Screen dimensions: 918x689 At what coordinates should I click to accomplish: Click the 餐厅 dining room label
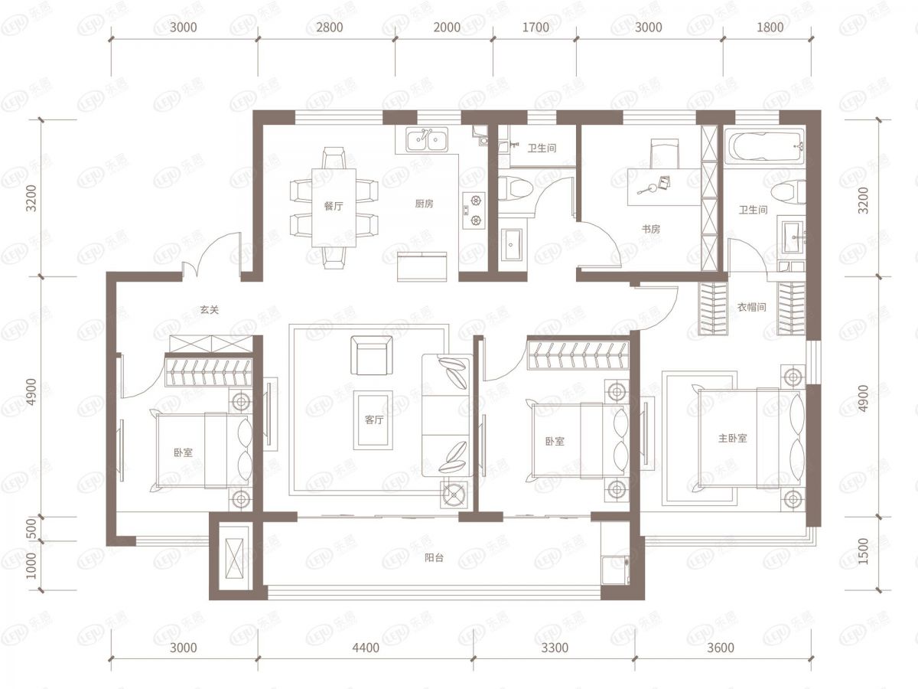pyautogui.click(x=334, y=206)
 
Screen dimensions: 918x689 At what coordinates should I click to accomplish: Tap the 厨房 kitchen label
pyautogui.click(x=424, y=204)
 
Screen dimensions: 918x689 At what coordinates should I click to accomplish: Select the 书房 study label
pyautogui.click(x=651, y=229)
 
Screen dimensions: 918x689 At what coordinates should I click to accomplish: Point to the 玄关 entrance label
pyautogui.click(x=209, y=310)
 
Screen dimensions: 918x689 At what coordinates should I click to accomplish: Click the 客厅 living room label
pyautogui.click(x=374, y=420)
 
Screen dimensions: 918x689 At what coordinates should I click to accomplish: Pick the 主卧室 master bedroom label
pyautogui.click(x=732, y=439)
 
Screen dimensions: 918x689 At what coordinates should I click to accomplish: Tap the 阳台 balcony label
pyautogui.click(x=434, y=557)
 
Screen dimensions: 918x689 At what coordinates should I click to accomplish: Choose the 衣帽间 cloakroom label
pyautogui.click(x=751, y=308)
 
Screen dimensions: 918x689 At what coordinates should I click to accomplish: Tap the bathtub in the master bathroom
pyautogui.click(x=765, y=146)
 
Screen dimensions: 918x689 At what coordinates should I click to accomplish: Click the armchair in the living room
pyautogui.click(x=371, y=355)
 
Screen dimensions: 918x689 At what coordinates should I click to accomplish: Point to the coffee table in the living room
pyautogui.click(x=373, y=420)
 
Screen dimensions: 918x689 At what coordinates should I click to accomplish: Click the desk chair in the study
pyautogui.click(x=665, y=154)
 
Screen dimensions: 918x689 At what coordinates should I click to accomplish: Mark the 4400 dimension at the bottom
pyautogui.click(x=366, y=648)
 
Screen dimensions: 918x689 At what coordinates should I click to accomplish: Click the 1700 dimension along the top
pyautogui.click(x=535, y=28)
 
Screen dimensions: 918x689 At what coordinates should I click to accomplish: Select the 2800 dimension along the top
pyautogui.click(x=330, y=28)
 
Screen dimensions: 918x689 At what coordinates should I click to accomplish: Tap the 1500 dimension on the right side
pyautogui.click(x=863, y=551)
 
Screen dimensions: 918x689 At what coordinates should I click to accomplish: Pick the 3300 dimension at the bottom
pyautogui.click(x=555, y=648)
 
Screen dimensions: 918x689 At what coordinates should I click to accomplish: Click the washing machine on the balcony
pyautogui.click(x=615, y=570)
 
